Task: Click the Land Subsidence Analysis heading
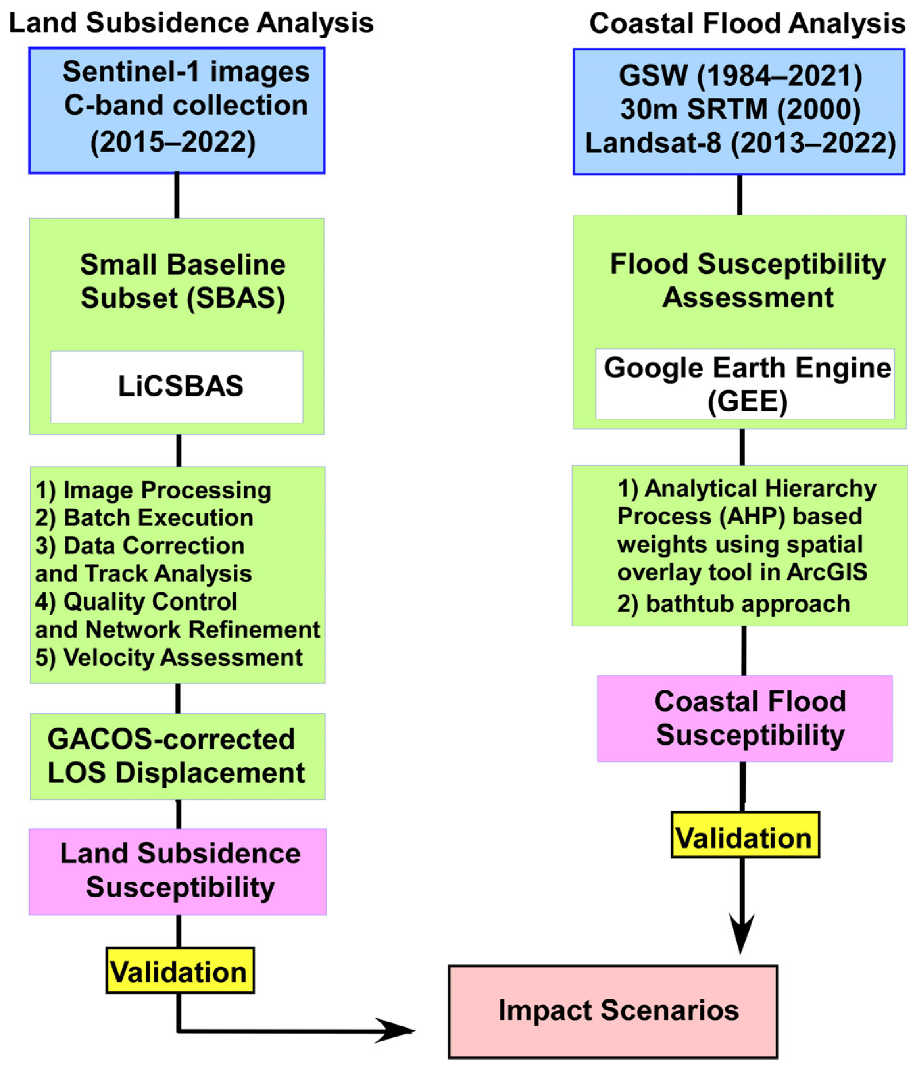tap(191, 23)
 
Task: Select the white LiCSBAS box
tap(177, 386)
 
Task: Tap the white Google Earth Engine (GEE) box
tap(744, 384)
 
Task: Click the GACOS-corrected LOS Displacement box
tap(177, 756)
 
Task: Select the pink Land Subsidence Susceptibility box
tap(177, 871)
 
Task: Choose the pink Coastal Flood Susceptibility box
tap(744, 718)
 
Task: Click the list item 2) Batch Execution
tap(144, 517)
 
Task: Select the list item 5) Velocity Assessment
tap(169, 657)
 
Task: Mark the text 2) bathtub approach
tap(732, 603)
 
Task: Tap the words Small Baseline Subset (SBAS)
tap(183, 281)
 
